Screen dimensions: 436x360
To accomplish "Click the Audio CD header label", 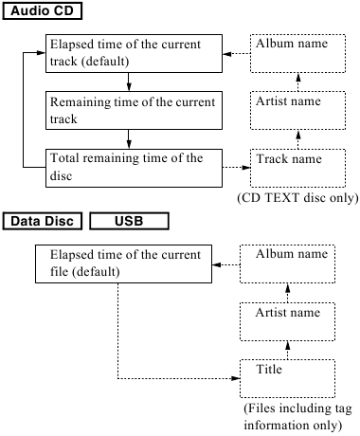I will [42, 11].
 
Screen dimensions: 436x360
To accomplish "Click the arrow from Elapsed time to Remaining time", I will [126, 82].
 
